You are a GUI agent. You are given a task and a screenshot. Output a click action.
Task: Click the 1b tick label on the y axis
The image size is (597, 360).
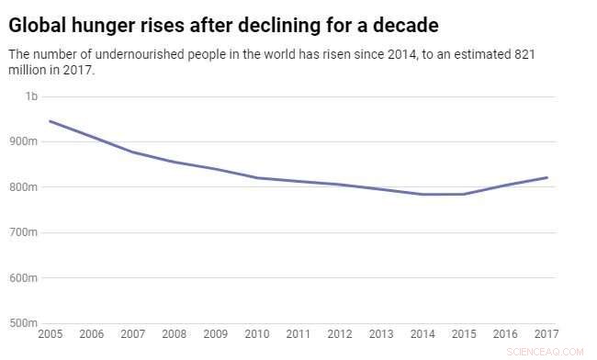pyautogui.click(x=31, y=96)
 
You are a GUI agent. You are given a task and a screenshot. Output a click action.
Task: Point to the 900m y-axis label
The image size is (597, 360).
pyautogui.click(x=24, y=141)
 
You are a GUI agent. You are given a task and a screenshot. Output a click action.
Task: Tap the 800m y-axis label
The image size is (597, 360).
pyautogui.click(x=24, y=186)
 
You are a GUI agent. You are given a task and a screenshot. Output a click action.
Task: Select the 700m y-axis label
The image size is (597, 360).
pyautogui.click(x=24, y=232)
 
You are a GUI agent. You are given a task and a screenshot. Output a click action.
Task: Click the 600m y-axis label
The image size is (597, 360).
pyautogui.click(x=24, y=277)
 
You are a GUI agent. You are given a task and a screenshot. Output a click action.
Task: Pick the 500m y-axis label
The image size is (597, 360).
pyautogui.click(x=24, y=323)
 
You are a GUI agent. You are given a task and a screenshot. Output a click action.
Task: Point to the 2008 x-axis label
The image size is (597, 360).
pyautogui.click(x=175, y=335)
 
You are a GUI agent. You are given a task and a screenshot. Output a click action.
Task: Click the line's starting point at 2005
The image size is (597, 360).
pyautogui.click(x=50, y=121)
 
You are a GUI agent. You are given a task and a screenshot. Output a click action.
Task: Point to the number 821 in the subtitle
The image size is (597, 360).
pyautogui.click(x=524, y=54)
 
